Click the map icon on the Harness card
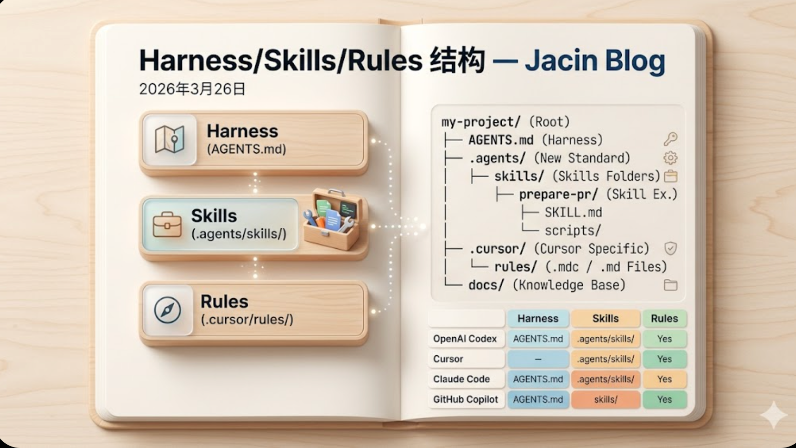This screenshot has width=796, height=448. click(169, 139)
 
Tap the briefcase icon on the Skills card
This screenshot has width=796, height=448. click(167, 224)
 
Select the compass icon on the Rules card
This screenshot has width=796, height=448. click(168, 310)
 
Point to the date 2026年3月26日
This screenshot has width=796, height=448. click(192, 89)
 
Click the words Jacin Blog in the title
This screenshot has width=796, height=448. click(595, 60)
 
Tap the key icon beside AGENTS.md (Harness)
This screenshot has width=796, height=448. click(670, 139)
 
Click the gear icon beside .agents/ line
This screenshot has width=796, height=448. click(670, 158)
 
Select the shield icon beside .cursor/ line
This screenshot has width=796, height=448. click(670, 248)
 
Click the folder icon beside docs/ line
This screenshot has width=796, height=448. click(670, 285)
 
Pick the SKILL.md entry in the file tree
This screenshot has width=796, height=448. click(573, 213)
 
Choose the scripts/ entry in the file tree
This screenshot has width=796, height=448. click(573, 231)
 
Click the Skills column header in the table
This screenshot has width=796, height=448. click(605, 319)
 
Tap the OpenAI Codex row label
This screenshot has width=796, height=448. click(465, 339)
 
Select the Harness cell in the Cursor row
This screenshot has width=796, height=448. click(538, 359)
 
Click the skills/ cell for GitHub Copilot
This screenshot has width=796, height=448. click(605, 399)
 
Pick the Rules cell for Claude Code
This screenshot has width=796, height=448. click(664, 379)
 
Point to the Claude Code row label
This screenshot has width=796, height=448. click(461, 379)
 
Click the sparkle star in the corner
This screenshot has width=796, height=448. click(773, 415)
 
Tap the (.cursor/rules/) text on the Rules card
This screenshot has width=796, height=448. click(247, 320)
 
